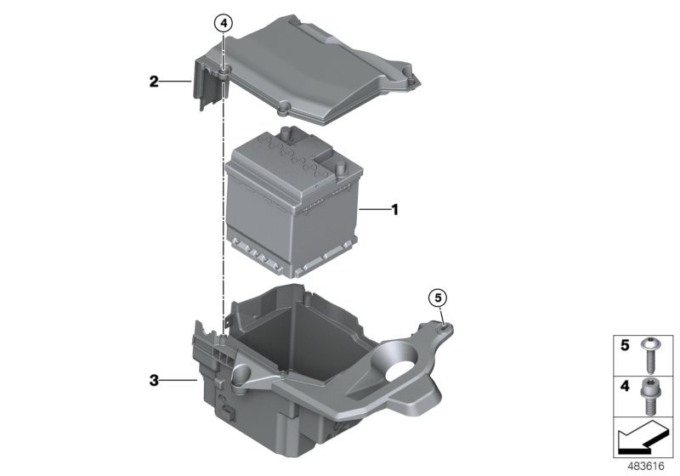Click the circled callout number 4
(224, 24)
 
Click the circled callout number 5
(437, 297)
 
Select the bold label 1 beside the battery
(394, 208)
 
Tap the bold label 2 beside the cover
(153, 82)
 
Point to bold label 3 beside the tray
(153, 381)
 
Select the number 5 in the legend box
(624, 346)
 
